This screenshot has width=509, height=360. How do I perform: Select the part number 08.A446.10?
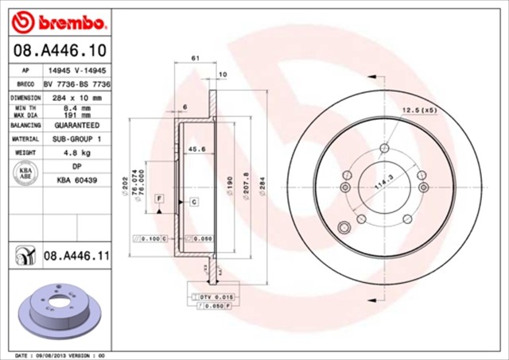coord(58,52)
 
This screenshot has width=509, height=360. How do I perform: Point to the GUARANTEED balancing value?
coord(76,126)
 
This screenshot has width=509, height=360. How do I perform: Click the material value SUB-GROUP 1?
coord(76,138)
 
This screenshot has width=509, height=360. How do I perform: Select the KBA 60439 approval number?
coord(76,180)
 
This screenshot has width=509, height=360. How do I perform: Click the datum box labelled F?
coord(159,196)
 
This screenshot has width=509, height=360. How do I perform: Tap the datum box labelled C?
coord(194,203)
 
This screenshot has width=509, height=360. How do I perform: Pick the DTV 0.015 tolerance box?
coord(211,296)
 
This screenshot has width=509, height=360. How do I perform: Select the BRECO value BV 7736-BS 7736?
coord(76,83)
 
